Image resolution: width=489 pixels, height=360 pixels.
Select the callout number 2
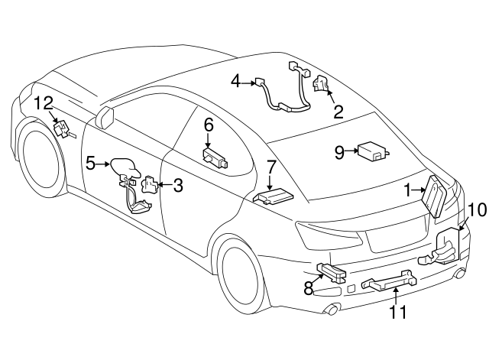click(x=338, y=112)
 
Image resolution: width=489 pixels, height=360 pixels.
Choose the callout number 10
click(x=476, y=209)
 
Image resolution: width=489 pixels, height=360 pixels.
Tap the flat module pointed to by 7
click(x=272, y=197)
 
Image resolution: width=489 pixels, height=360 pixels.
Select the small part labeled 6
click(x=215, y=157)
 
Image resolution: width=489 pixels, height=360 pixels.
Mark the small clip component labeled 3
click(x=151, y=185)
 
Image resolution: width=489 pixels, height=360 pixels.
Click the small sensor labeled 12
click(x=63, y=129)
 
